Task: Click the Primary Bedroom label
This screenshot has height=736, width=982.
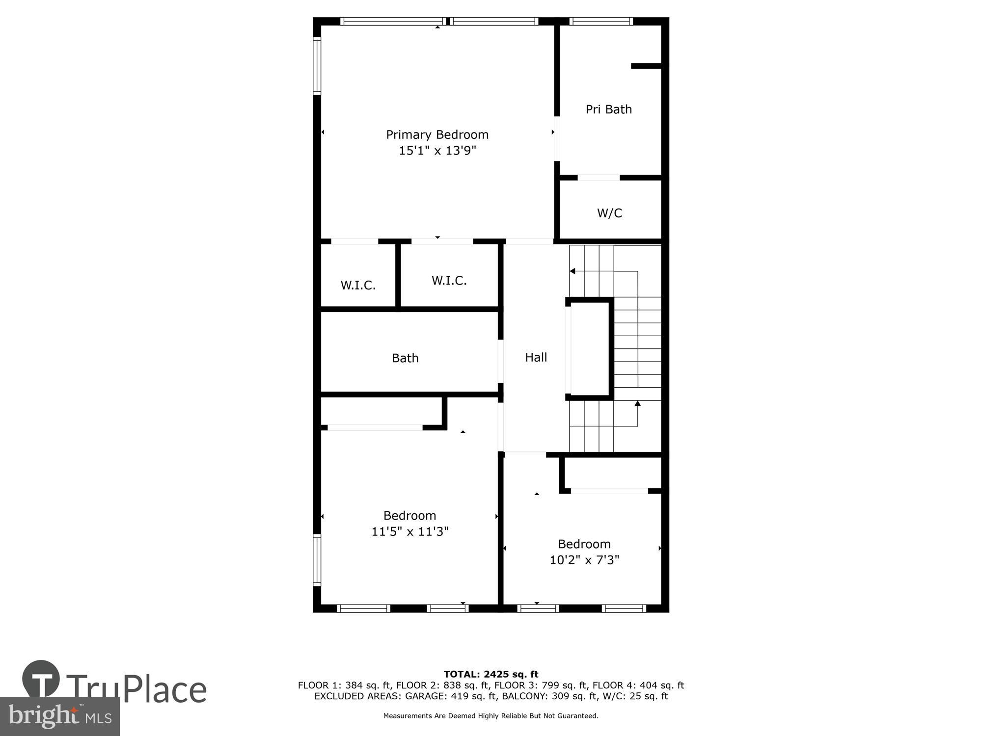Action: pyautogui.click(x=437, y=134)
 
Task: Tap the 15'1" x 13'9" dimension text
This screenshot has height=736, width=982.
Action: pyautogui.click(x=437, y=151)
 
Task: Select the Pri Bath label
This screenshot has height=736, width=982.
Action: pyautogui.click(x=608, y=109)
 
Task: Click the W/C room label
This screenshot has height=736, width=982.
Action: pyautogui.click(x=609, y=213)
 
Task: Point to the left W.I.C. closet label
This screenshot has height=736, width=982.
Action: pyautogui.click(x=358, y=285)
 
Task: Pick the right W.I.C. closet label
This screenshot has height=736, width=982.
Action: pyautogui.click(x=449, y=280)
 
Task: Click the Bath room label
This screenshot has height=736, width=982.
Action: pyautogui.click(x=405, y=358)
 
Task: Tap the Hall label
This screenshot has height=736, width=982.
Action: pyautogui.click(x=536, y=357)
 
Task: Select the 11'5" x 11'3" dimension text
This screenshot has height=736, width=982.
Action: pyautogui.click(x=410, y=531)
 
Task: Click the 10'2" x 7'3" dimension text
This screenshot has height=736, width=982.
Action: pyautogui.click(x=584, y=560)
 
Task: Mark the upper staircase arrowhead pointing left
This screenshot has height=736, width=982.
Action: pyautogui.click(x=572, y=271)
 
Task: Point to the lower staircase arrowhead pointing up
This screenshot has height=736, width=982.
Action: pyautogui.click(x=637, y=403)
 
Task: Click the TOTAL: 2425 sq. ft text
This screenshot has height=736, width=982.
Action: pyautogui.click(x=491, y=674)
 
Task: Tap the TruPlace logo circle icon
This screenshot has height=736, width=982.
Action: pyautogui.click(x=41, y=680)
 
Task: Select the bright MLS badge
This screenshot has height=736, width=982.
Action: pyautogui.click(x=60, y=716)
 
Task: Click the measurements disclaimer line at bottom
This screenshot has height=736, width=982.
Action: pyautogui.click(x=491, y=716)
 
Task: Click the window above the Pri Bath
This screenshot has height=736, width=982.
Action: pyautogui.click(x=600, y=21)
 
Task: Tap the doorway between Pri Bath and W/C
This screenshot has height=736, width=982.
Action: pyautogui.click(x=598, y=178)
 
